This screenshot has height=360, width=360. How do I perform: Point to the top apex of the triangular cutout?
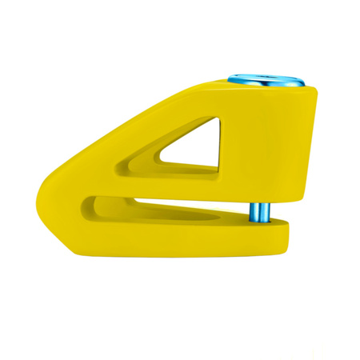coord(216,120)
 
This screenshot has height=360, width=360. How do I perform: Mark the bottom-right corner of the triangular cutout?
coord(217,169)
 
